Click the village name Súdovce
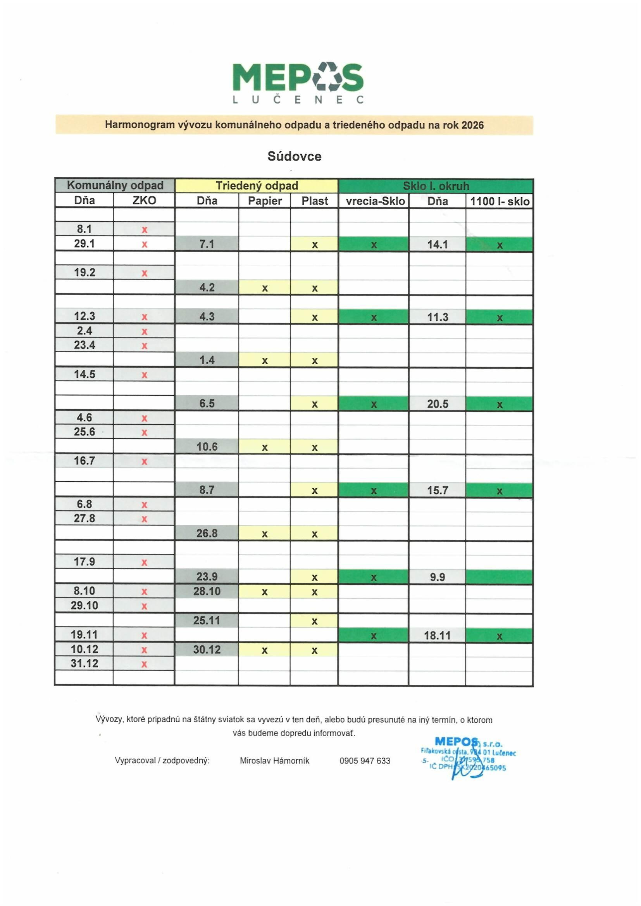[295, 157]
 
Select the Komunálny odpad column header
[115, 186]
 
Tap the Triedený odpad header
[257, 186]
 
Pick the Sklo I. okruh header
[436, 186]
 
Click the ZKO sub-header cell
[144, 200]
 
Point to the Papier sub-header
[264, 201]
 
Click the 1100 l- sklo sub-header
[499, 202]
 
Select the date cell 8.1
[84, 229]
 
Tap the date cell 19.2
[84, 273]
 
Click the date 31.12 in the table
[84, 663]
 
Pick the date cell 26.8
[207, 534]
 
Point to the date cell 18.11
[437, 636]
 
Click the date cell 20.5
[437, 404]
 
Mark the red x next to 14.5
[145, 375]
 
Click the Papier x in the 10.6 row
[264, 448]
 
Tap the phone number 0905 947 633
[365, 761]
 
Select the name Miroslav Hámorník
[275, 761]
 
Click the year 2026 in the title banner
[472, 125]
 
